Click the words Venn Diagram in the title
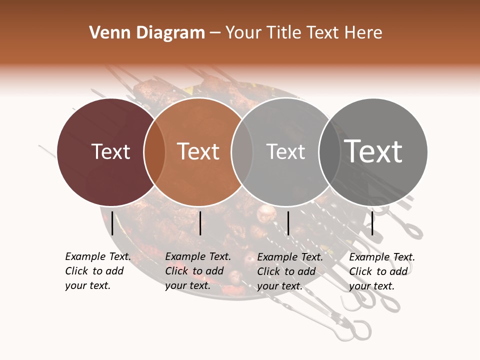(x=147, y=33)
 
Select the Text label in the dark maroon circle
(x=111, y=151)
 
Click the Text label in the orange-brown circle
(x=198, y=151)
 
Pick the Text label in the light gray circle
(x=286, y=151)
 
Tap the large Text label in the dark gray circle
(x=373, y=151)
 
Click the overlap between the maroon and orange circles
(x=154, y=151)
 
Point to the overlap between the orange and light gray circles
(x=242, y=151)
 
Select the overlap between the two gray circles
(x=327, y=151)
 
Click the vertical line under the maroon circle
(x=112, y=223)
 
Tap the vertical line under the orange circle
(x=200, y=223)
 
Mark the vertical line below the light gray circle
(x=288, y=223)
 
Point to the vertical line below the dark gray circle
(x=372, y=223)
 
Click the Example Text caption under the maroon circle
(x=97, y=271)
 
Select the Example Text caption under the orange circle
(x=197, y=271)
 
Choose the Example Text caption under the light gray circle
(x=289, y=271)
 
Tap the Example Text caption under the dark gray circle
(x=381, y=271)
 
